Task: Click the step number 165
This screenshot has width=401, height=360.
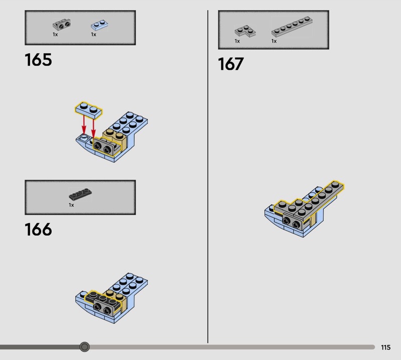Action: (39, 60)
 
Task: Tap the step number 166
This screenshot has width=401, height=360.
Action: (39, 229)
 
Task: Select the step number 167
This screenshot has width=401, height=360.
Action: (231, 64)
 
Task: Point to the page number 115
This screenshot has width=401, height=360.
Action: (385, 347)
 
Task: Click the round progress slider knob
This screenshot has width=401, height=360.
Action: (84, 346)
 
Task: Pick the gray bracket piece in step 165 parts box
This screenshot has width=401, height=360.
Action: (62, 25)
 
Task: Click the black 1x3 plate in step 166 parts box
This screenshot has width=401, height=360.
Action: (80, 194)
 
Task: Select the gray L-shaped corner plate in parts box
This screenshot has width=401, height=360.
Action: (245, 31)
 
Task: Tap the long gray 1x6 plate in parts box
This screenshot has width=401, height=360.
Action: (292, 27)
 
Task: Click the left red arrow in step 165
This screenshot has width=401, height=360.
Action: (84, 125)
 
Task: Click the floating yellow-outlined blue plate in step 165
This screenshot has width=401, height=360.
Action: (89, 110)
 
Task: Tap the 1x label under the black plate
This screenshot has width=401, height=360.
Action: (71, 205)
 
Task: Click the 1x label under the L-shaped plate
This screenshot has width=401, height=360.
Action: (237, 41)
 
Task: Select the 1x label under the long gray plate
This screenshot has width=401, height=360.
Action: (274, 41)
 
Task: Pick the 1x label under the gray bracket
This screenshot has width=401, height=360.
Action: (55, 34)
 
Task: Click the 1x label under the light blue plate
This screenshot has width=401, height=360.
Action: (94, 34)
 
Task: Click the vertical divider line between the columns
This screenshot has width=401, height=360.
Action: (208, 176)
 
